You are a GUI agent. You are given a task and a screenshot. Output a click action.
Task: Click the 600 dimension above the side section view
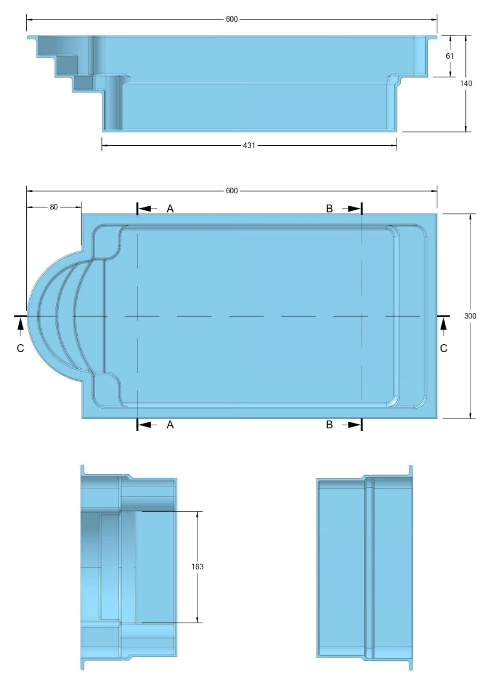pos(231,19)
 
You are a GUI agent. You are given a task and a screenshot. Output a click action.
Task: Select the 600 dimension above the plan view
pos(231,190)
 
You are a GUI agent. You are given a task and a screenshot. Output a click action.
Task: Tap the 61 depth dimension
pos(450,55)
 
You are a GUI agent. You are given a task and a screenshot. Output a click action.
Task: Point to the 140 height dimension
pos(466,83)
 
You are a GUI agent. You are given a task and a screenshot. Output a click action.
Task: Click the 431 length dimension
pos(249,145)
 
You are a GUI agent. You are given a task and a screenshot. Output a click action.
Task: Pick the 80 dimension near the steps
pos(54,207)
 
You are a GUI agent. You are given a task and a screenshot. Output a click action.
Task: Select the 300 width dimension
pos(470,316)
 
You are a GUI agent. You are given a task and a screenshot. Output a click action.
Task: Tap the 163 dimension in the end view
pos(198,567)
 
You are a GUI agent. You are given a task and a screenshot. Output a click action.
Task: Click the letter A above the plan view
pos(170,209)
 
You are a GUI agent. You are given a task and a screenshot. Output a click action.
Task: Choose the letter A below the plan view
pos(170,425)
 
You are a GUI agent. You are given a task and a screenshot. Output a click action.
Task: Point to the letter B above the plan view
pos(329,209)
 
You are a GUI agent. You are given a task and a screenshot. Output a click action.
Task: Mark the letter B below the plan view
pos(329,425)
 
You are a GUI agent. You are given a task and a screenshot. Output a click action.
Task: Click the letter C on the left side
pos(21,348)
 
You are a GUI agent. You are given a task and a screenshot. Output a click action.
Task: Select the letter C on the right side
pos(444,348)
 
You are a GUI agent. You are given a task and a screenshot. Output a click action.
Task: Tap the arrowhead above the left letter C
pos(21,324)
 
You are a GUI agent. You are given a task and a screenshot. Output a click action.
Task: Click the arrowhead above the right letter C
pos(444,324)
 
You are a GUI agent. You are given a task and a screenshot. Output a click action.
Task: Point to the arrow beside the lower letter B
pos(351,425)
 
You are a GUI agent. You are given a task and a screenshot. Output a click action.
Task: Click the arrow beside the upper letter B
pos(351,209)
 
